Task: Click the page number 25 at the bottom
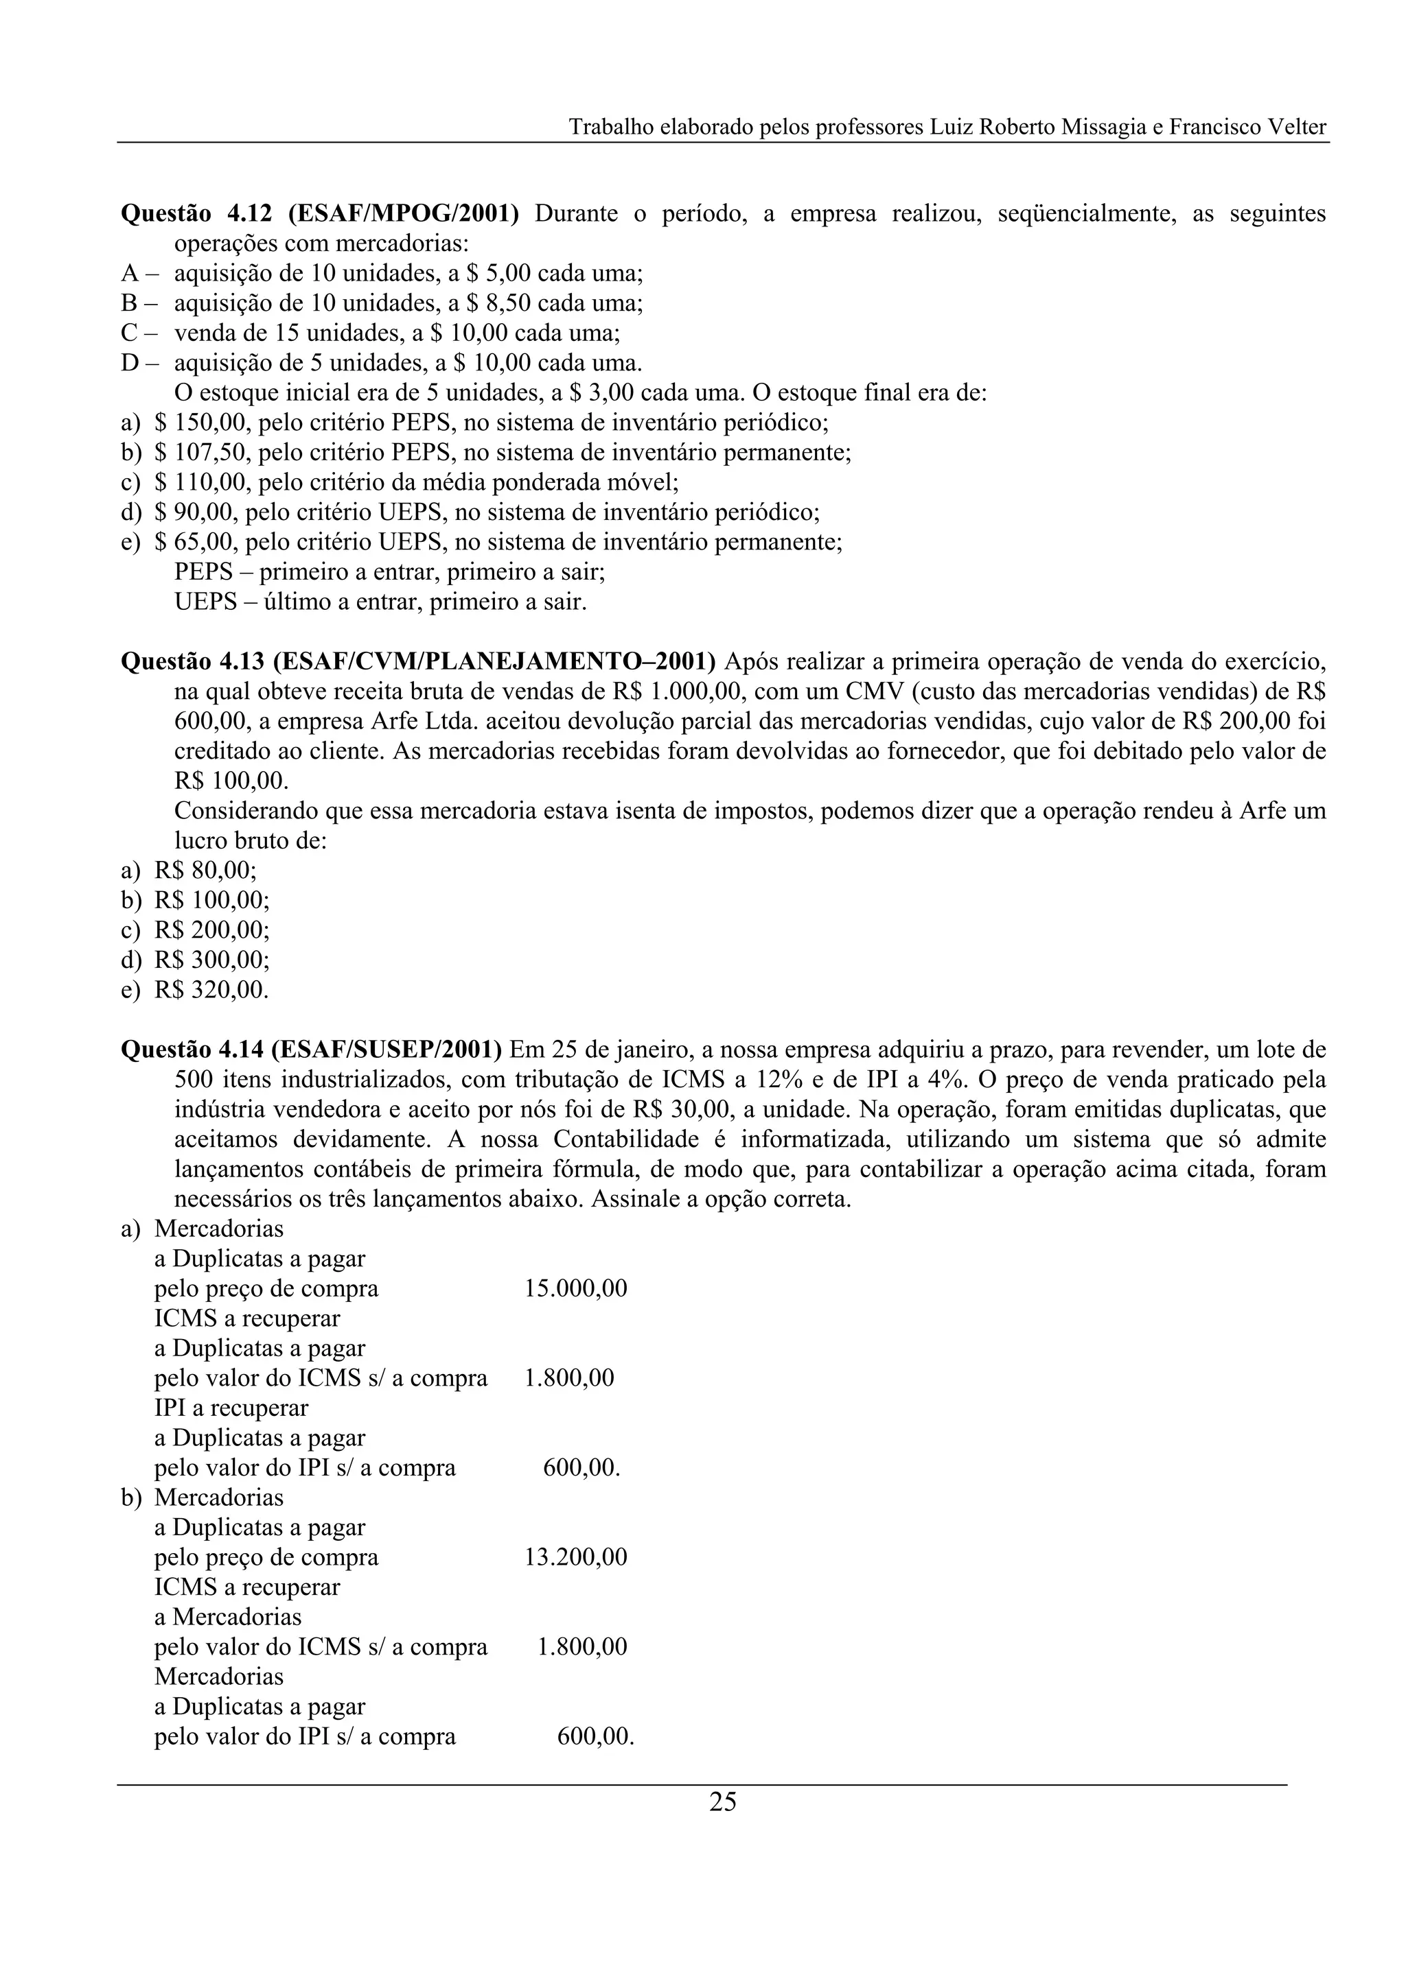(722, 1802)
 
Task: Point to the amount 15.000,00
(575, 1288)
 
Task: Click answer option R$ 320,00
(211, 990)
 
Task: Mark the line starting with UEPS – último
(380, 602)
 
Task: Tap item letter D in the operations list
(130, 363)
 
